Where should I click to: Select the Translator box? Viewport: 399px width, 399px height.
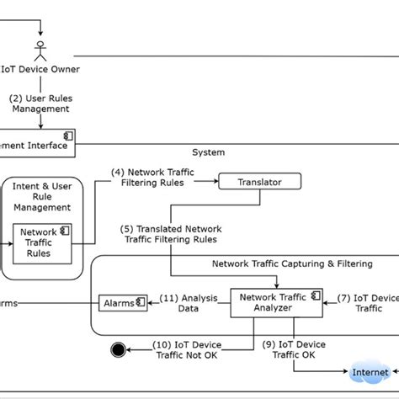pos(260,180)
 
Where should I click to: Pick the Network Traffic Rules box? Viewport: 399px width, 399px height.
pos(39,242)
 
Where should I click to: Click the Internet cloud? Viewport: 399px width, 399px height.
pos(370,371)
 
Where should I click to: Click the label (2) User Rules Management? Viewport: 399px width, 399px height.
pos(39,103)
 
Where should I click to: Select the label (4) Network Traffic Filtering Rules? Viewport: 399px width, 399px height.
pos(152,178)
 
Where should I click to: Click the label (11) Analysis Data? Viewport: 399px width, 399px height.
pos(187,302)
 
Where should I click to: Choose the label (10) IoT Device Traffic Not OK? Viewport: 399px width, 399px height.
pos(187,349)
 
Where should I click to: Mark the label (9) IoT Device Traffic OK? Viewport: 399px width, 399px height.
pos(294,349)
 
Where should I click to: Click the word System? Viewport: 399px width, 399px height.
pos(209,152)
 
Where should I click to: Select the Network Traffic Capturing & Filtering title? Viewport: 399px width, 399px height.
pos(291,263)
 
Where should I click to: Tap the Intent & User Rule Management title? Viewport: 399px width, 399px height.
pos(39,195)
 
